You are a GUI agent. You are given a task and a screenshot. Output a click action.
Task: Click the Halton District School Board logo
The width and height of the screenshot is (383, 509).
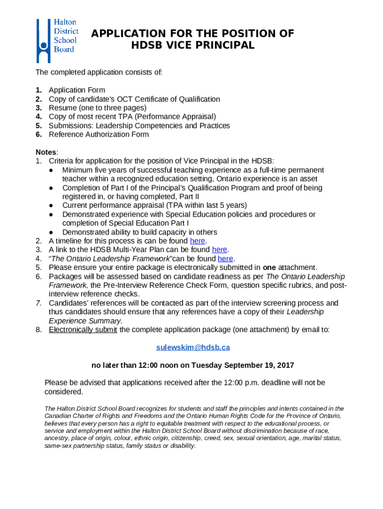point(56,40)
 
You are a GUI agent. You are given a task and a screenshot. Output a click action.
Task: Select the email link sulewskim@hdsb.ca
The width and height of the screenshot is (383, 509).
point(193,347)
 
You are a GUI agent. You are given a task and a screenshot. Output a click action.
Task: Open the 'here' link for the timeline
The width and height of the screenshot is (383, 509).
point(197,241)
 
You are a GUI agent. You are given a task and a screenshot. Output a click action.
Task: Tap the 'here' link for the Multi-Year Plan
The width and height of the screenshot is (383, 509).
point(219,250)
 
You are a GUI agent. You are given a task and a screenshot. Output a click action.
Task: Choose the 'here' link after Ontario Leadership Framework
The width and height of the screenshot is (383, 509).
point(225,258)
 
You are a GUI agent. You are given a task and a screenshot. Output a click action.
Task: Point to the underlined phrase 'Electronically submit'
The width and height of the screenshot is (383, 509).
point(83,330)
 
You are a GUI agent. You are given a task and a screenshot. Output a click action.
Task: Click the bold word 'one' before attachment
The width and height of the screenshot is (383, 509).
point(270,267)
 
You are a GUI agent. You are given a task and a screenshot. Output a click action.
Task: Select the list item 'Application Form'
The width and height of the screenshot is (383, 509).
point(77,90)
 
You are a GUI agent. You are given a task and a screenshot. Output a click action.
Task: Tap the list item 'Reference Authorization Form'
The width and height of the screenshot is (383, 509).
point(98,134)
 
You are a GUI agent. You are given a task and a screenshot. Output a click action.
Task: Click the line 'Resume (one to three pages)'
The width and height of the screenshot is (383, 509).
point(97,108)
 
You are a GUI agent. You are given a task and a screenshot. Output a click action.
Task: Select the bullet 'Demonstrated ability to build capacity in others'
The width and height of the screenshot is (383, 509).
point(139,232)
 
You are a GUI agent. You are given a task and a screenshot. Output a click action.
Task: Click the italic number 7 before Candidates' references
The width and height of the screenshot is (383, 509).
point(38,303)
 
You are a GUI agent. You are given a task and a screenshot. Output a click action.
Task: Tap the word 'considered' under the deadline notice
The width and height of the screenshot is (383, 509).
point(63,392)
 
